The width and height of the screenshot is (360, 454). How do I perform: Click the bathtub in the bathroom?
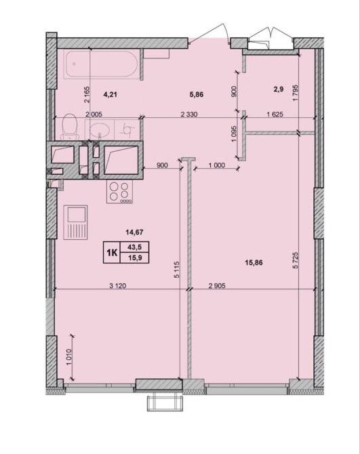pyautogui.click(x=100, y=64)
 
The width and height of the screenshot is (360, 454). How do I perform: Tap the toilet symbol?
pyautogui.click(x=70, y=127)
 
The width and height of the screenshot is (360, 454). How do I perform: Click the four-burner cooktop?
pyautogui.click(x=119, y=191)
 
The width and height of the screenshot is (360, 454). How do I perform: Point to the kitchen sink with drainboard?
pyautogui.click(x=75, y=222)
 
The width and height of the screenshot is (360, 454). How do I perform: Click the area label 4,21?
pyautogui.click(x=110, y=94)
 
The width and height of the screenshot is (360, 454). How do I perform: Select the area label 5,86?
pyautogui.click(x=197, y=94)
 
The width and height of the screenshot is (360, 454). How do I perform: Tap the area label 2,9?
pyautogui.click(x=279, y=89)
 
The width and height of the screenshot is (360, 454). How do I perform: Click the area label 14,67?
pyautogui.click(x=134, y=232)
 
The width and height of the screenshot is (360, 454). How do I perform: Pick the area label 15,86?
pyautogui.click(x=254, y=263)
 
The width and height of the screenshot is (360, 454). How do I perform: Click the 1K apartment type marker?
pyautogui.click(x=112, y=253)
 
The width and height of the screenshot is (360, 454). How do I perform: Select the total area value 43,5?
pyautogui.click(x=135, y=247)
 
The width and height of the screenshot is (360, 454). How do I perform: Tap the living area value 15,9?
pyautogui.click(x=135, y=257)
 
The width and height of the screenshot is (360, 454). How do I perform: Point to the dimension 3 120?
pyautogui.click(x=117, y=286)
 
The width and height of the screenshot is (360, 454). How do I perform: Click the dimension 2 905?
pyautogui.click(x=217, y=286)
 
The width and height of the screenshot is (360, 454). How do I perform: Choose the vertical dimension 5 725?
pyautogui.click(x=296, y=261)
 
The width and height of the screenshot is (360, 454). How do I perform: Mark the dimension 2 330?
pyautogui.click(x=189, y=115)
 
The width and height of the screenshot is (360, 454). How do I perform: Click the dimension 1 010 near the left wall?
pyautogui.click(x=69, y=358)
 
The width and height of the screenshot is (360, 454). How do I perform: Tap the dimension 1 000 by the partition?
pyautogui.click(x=217, y=165)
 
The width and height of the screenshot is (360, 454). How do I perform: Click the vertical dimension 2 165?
pyautogui.click(x=87, y=95)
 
